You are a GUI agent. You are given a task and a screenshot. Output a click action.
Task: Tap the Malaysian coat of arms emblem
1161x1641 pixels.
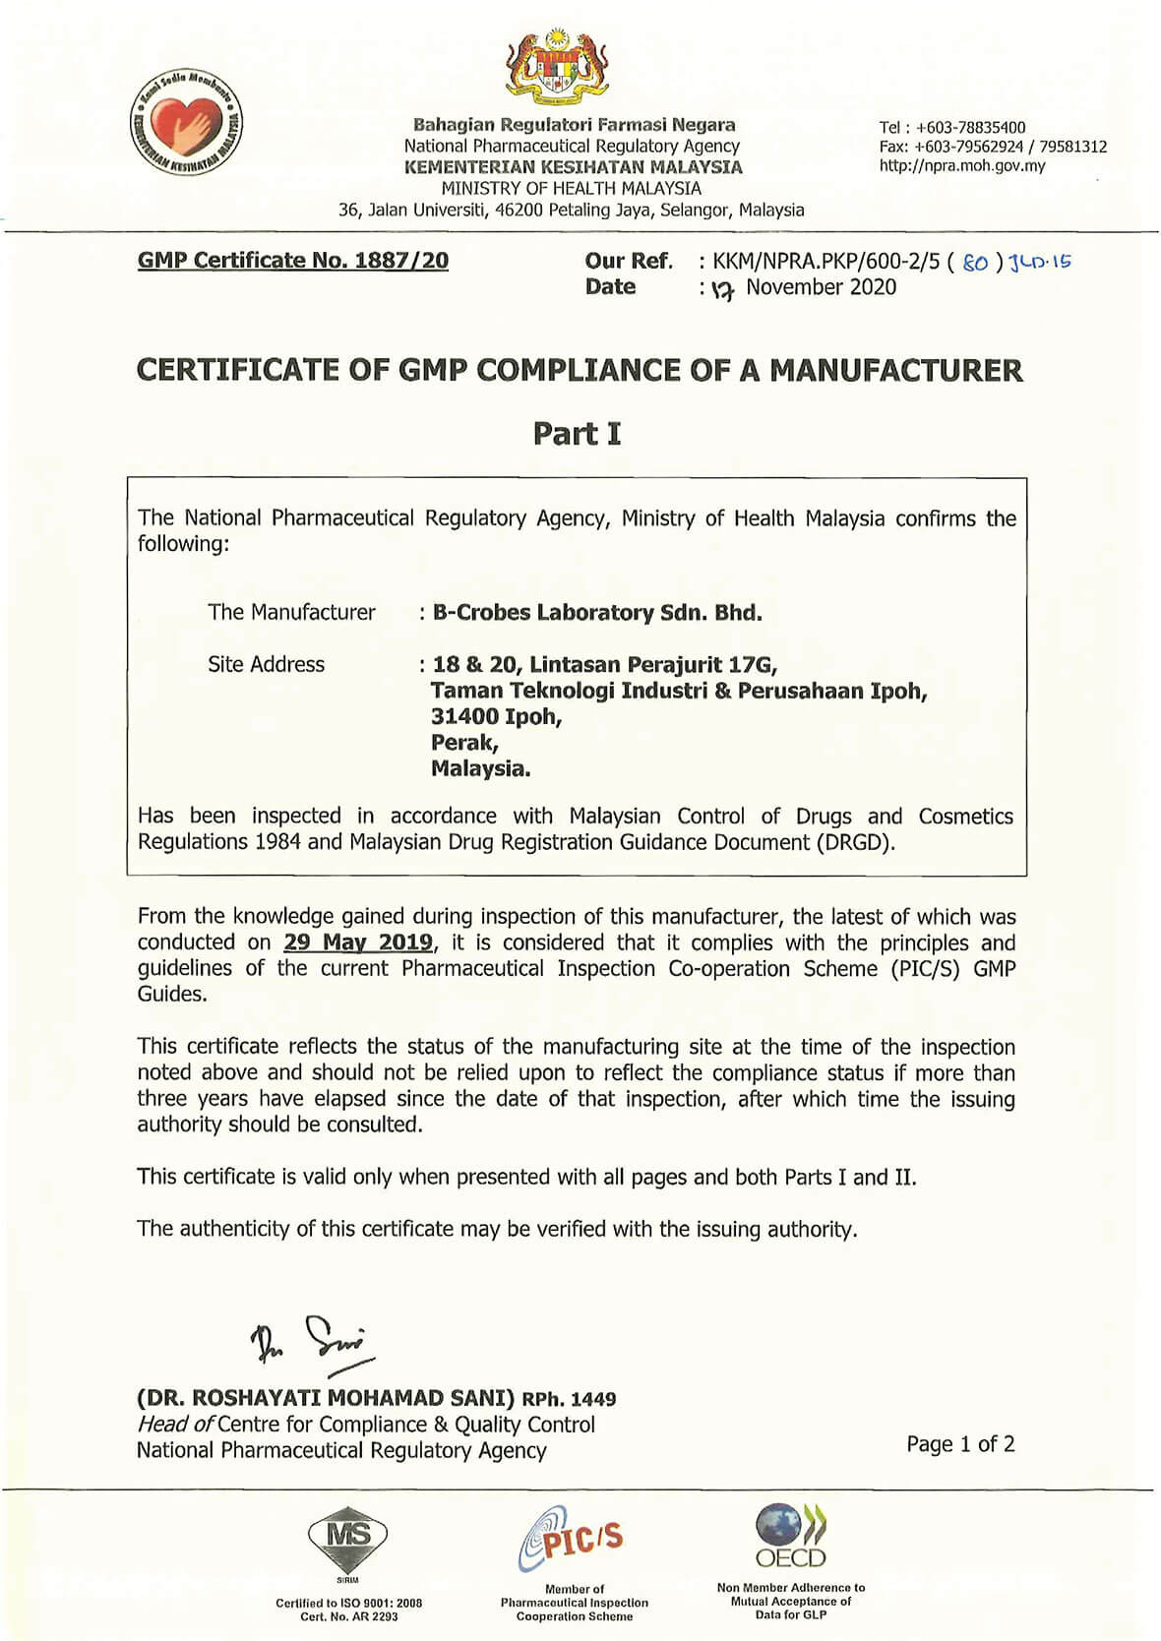pos(557,68)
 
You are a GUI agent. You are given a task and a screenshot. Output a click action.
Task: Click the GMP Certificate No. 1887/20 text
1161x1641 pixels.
pos(293,261)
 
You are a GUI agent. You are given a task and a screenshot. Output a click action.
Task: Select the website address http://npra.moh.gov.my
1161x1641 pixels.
pos(962,165)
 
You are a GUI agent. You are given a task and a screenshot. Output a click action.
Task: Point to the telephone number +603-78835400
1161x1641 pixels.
pos(969,127)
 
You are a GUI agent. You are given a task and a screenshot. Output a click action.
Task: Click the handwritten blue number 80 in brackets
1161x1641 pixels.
pos(975,263)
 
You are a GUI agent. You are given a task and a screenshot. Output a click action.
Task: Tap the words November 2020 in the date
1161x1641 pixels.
pos(821,287)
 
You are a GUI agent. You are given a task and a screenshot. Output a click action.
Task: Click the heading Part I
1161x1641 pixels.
pos(577,433)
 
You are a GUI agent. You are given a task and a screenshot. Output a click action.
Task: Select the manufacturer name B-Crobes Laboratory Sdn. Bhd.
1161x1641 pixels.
pos(597,612)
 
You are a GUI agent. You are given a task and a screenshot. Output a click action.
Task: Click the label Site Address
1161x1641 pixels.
pos(266,664)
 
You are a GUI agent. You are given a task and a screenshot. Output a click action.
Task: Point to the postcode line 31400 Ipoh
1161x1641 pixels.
pos(496,716)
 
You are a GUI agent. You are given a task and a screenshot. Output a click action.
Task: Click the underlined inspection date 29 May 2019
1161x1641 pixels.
pos(358,942)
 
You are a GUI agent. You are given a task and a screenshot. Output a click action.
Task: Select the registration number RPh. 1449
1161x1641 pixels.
pos(569,1399)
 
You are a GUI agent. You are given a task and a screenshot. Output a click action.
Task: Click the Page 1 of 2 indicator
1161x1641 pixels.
pos(960,1443)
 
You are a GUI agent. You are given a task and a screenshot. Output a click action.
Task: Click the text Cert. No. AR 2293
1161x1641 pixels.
pos(348,1616)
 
